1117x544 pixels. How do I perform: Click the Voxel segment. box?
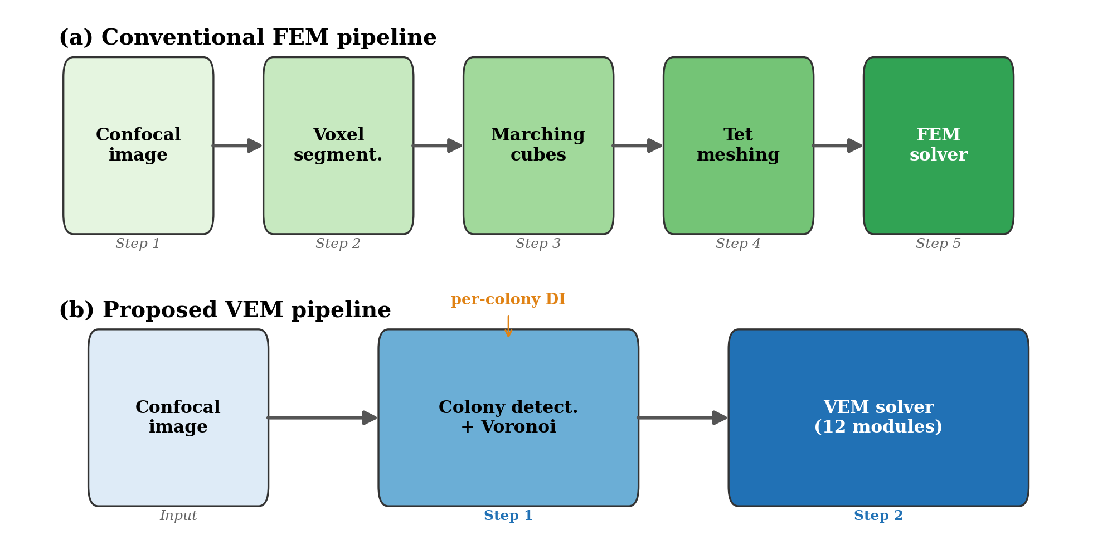(338, 145)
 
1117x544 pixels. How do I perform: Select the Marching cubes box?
(538, 145)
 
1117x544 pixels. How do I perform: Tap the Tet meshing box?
(739, 145)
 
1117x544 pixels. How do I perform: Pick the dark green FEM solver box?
(939, 145)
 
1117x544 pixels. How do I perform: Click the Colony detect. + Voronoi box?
(508, 417)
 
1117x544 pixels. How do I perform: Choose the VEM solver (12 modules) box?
(878, 417)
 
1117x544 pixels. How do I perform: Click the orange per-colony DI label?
(508, 299)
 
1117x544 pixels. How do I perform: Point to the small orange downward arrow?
(508, 327)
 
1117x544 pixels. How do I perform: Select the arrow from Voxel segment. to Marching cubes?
(438, 145)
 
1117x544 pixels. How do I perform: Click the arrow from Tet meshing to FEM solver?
(838, 145)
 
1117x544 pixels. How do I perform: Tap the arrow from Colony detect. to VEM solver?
(683, 417)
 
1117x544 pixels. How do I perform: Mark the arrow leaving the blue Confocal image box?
(323, 417)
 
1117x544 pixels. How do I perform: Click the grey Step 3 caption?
(538, 244)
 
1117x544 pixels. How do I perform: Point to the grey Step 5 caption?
(938, 244)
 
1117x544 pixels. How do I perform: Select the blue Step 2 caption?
(878, 516)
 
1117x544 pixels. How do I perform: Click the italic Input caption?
(178, 516)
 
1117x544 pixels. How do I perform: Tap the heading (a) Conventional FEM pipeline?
(247, 38)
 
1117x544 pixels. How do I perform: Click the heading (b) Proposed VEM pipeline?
(225, 310)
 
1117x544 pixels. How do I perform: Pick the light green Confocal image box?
(138, 145)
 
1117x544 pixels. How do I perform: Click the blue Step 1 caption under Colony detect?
(508, 516)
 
